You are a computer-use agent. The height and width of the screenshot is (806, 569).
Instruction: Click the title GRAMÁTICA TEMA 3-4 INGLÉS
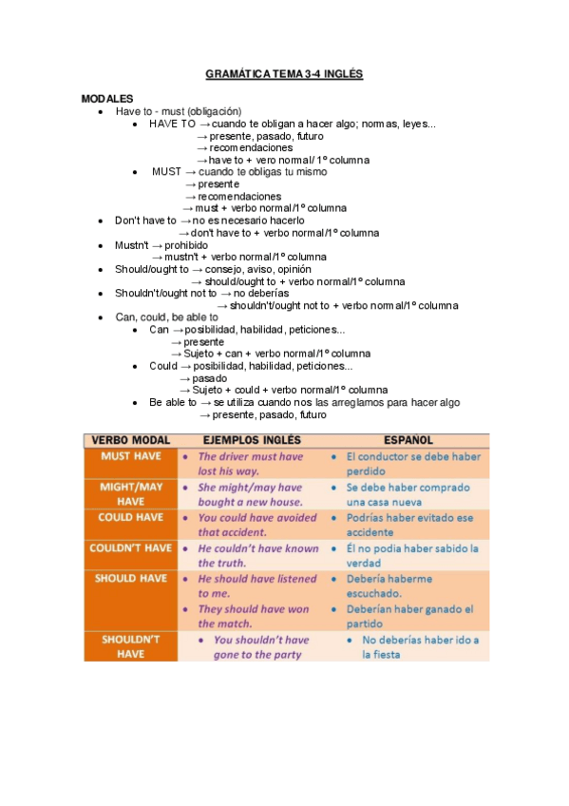pos(284,74)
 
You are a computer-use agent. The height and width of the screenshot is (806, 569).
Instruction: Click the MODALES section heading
pos(107,99)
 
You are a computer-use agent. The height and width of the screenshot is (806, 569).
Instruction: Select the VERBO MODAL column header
pos(131,441)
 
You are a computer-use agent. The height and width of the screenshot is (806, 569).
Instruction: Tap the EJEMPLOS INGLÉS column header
pos(253,441)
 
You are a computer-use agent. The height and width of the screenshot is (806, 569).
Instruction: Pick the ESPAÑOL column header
pos(408,441)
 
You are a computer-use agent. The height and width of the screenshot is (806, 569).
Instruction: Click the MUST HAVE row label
pos(131,456)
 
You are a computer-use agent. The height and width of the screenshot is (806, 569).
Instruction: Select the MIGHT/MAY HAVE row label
pos(131,494)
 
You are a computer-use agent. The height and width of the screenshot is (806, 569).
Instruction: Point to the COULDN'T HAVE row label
pos(131,548)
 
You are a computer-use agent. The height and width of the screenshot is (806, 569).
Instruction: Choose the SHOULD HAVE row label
pos(131,578)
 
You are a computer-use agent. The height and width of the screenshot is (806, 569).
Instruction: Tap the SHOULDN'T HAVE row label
pos(131,647)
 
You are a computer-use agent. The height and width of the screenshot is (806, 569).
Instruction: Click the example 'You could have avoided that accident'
pos(256,525)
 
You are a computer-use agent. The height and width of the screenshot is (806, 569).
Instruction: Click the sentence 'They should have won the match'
pos(254,616)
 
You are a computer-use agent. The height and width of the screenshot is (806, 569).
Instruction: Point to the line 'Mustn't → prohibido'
pos(161,245)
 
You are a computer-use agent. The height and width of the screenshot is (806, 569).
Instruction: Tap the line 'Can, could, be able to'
pos(166,317)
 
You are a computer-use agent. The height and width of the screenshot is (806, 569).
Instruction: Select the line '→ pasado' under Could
pos(202,378)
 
